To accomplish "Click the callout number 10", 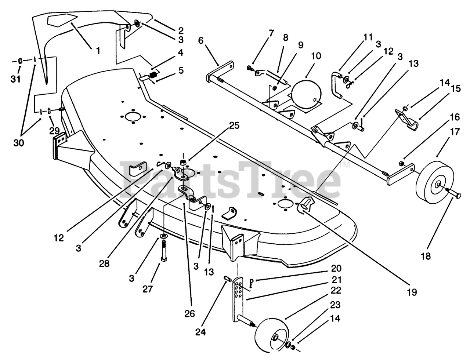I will [x=315, y=57].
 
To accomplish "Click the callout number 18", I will [x=426, y=256].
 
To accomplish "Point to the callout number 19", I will [x=412, y=292].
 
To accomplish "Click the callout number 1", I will [x=98, y=50].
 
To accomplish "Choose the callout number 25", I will [x=234, y=126].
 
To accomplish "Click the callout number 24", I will [x=201, y=332].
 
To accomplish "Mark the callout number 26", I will [x=190, y=314].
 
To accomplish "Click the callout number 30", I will [x=18, y=143].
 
